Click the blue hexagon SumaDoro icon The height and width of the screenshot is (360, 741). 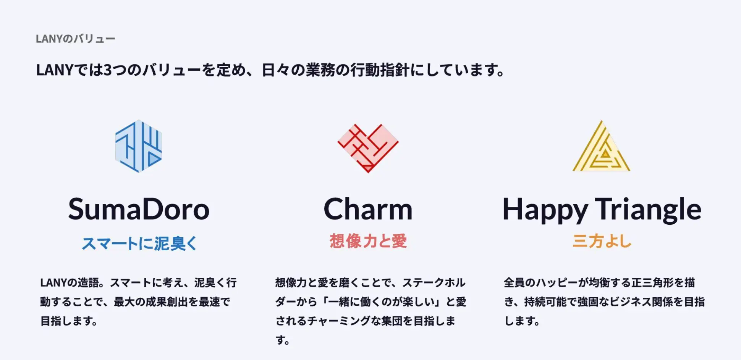(x=139, y=146)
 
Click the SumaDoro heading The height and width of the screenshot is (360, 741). (x=139, y=209)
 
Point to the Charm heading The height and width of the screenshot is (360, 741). (x=368, y=209)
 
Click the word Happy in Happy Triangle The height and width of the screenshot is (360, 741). (x=545, y=210)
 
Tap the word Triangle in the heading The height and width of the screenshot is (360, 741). (x=648, y=210)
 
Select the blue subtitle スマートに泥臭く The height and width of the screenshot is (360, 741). (x=139, y=243)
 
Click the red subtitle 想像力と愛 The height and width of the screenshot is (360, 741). (x=368, y=241)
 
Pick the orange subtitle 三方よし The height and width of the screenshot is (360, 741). (x=602, y=241)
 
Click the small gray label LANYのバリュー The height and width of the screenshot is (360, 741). (x=75, y=39)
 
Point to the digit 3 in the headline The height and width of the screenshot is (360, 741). (x=108, y=70)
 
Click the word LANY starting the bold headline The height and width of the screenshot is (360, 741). (x=54, y=70)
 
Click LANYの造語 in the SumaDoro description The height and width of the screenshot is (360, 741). (x=70, y=283)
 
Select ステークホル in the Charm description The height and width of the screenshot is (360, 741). (x=434, y=283)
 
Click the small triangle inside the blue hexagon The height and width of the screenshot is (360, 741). (x=153, y=159)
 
